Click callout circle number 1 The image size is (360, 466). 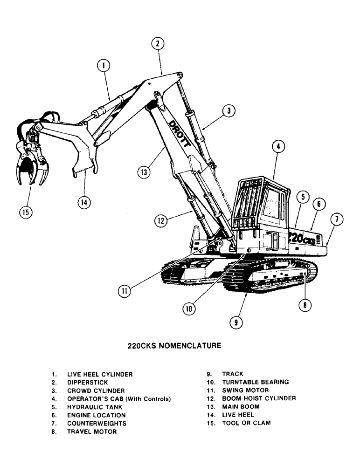pyautogui.click(x=104, y=66)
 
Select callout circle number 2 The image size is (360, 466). pyautogui.click(x=158, y=44)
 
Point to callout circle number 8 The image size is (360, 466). pyautogui.click(x=305, y=305)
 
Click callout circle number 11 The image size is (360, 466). pyautogui.click(x=124, y=291)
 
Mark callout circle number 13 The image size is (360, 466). pyautogui.click(x=144, y=172)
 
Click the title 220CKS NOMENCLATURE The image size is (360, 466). pyautogui.click(x=174, y=346)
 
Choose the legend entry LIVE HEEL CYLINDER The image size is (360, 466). pyautogui.click(x=100, y=374)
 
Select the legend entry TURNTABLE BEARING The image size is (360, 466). pyautogui.click(x=255, y=382)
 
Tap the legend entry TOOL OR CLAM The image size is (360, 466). pyautogui.click(x=246, y=423)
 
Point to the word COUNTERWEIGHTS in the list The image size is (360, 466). pyautogui.click(x=97, y=424)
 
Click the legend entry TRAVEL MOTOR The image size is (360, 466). pyautogui.click(x=92, y=432)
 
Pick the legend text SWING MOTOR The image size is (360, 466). pyautogui.click(x=245, y=391)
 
